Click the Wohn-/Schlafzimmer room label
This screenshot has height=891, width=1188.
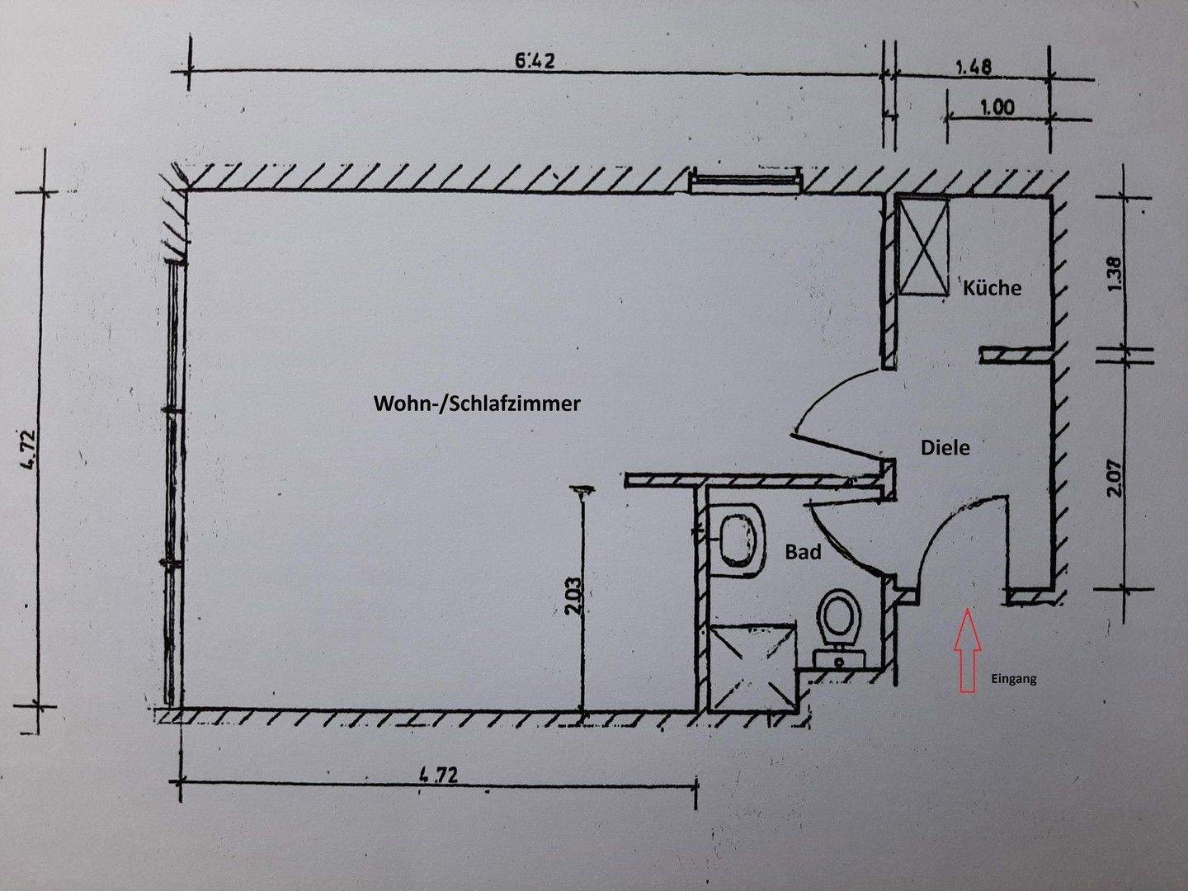pyautogui.click(x=478, y=404)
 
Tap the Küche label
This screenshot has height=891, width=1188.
pyautogui.click(x=992, y=288)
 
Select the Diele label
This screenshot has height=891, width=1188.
pyautogui.click(x=945, y=448)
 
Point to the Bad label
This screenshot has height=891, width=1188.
pyautogui.click(x=803, y=552)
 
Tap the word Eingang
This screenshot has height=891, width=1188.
pyautogui.click(x=1012, y=680)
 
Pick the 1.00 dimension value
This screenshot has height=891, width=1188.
pyautogui.click(x=997, y=107)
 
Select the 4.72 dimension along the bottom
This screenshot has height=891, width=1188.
pyautogui.click(x=437, y=775)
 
